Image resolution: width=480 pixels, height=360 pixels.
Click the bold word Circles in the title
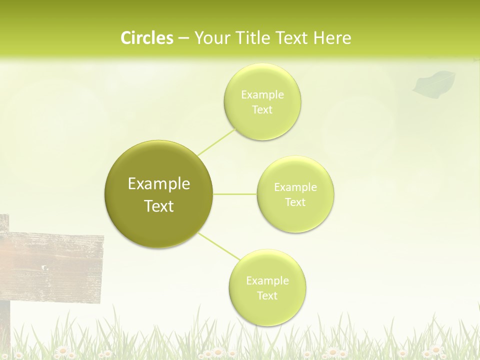coord(147,38)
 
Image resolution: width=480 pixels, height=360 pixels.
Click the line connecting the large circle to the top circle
coord(216,141)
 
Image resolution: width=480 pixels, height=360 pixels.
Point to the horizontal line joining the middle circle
coord(234,194)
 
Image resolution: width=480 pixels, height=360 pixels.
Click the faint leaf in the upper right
coord(434,82)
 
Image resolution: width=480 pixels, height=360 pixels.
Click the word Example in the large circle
coord(159,184)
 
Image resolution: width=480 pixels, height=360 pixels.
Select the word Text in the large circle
coord(159,206)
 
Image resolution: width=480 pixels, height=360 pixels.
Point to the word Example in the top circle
coord(262,95)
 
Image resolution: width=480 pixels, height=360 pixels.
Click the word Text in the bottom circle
coord(267,295)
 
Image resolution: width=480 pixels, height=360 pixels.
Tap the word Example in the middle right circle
coord(295,187)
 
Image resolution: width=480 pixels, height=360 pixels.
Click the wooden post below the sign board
coord(4,325)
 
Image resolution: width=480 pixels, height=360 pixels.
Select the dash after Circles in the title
coord(183,38)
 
